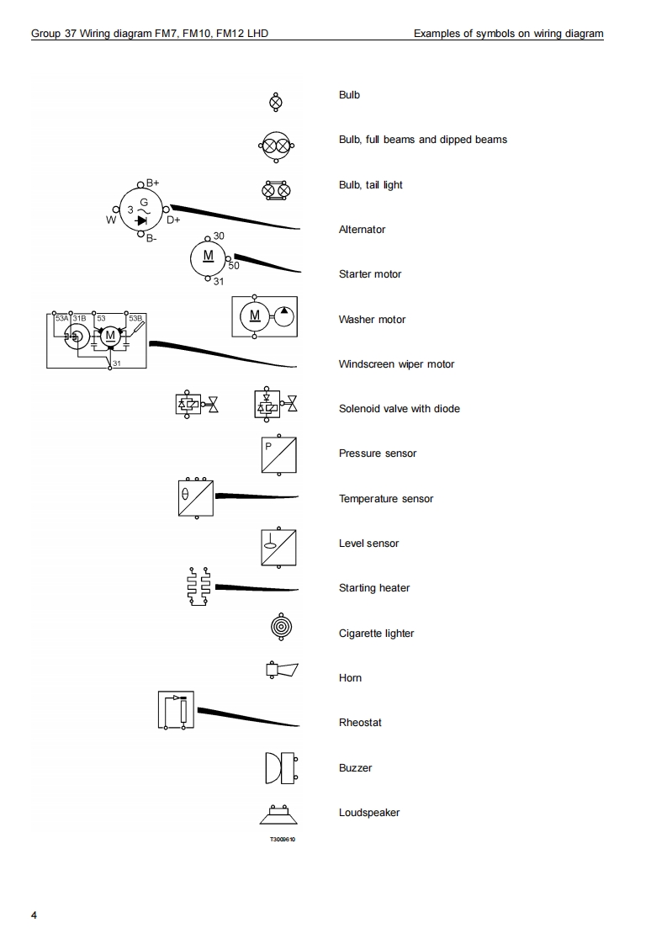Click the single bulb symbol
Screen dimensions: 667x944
point(275,103)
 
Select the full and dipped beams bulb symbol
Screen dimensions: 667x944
point(277,146)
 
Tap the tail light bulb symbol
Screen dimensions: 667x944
point(276,191)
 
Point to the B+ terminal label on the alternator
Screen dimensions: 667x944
point(153,183)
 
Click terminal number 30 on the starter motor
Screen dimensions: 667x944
point(219,236)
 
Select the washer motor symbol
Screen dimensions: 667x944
point(264,316)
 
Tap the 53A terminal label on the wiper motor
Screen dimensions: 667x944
point(62,319)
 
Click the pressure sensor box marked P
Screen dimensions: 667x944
point(278,454)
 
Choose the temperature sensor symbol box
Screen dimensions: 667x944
point(196,498)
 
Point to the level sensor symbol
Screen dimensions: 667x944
point(278,547)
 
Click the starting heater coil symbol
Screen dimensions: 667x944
point(199,586)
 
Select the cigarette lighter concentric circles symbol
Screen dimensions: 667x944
point(281,628)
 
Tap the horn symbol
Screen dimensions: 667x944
point(282,670)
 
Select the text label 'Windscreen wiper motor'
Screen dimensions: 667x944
point(396,364)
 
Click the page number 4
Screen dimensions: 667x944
point(34,915)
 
